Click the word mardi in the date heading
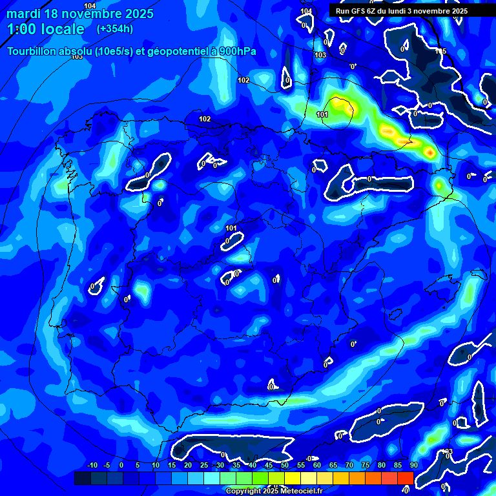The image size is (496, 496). tap(24, 14)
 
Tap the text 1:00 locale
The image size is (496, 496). tap(45, 29)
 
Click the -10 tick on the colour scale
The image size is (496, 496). tap(91, 465)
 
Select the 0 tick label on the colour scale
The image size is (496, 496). tap(121, 465)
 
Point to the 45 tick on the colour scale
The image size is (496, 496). tap(268, 465)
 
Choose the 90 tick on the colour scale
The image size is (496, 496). tap(413, 465)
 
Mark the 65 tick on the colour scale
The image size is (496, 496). tap(333, 465)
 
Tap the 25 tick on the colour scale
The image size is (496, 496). tap(203, 465)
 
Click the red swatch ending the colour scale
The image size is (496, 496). tap(405, 478)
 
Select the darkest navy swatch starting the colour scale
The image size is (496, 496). tap(82, 478)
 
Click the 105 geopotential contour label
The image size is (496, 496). tap(440, 51)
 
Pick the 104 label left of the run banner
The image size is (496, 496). tap(306, 12)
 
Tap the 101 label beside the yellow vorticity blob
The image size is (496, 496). tap(323, 114)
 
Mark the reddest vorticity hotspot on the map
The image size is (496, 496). tap(429, 152)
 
